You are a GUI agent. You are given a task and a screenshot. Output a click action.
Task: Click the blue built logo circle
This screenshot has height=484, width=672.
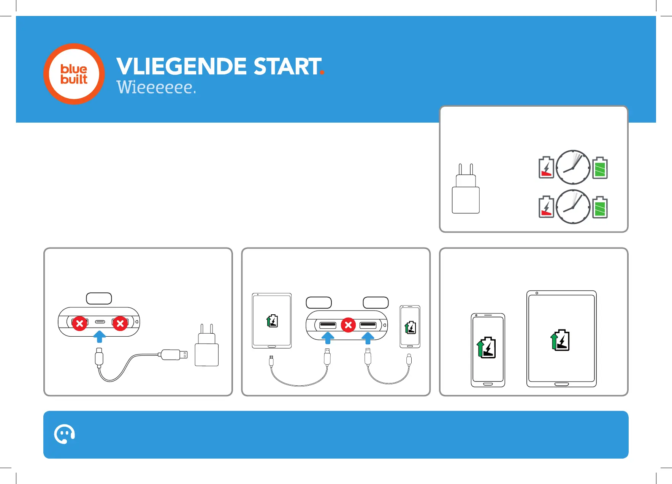74,74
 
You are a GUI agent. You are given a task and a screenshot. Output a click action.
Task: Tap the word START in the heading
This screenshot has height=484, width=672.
287,66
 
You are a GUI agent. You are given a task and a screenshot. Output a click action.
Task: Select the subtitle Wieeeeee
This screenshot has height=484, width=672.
156,87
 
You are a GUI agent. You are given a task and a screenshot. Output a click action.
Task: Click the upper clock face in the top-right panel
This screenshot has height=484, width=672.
573,167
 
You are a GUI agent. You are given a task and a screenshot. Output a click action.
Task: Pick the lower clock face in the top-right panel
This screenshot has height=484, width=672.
573,207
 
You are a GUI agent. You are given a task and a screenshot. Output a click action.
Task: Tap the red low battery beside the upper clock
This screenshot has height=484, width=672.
546,168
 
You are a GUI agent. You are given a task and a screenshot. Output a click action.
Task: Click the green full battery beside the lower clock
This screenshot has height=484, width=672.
600,207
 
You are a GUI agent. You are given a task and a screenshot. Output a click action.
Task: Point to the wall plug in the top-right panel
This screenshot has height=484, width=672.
466,190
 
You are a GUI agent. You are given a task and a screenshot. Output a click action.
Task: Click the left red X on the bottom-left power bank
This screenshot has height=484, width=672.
80,323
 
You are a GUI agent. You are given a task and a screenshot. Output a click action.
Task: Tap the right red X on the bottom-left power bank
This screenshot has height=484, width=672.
120,323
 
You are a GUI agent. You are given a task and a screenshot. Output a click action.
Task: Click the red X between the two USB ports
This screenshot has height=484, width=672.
348,325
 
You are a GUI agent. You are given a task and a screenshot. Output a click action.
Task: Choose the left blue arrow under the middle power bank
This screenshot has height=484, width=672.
328,337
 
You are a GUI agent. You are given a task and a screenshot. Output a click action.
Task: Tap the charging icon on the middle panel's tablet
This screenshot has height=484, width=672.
272,321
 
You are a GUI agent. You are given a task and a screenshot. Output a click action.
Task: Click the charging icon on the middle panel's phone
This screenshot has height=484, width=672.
410,328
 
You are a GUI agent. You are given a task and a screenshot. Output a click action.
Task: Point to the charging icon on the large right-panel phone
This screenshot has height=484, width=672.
487,347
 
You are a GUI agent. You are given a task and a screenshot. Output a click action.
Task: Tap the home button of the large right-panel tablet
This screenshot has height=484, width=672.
561,384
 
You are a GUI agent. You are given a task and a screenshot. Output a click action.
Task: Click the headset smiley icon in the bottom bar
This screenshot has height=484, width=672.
64,434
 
